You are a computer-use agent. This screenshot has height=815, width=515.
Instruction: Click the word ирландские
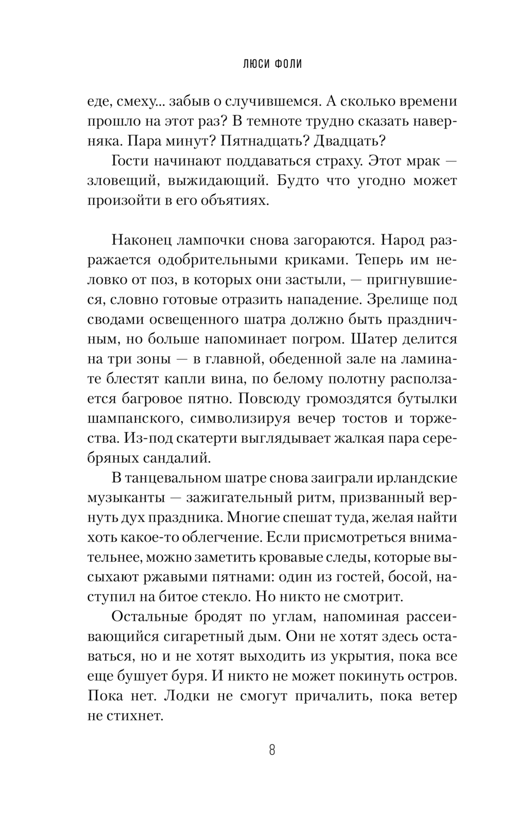click(413, 478)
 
